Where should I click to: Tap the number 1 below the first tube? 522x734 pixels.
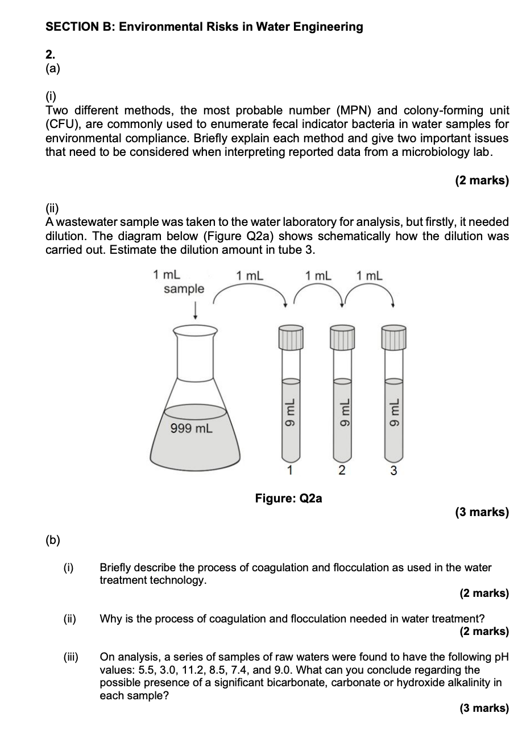tap(289, 470)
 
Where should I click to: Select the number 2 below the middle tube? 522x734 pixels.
tap(341, 470)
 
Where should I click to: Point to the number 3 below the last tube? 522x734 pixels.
tap(393, 471)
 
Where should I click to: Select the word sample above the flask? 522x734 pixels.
tap(184, 288)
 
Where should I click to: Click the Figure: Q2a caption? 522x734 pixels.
tap(288, 498)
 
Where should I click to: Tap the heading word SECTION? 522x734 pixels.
tap(73, 27)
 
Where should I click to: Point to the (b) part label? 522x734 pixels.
tap(53, 539)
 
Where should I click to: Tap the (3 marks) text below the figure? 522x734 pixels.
tap(482, 512)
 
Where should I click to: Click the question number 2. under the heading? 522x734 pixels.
tap(51, 55)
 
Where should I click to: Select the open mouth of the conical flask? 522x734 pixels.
tap(195, 329)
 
